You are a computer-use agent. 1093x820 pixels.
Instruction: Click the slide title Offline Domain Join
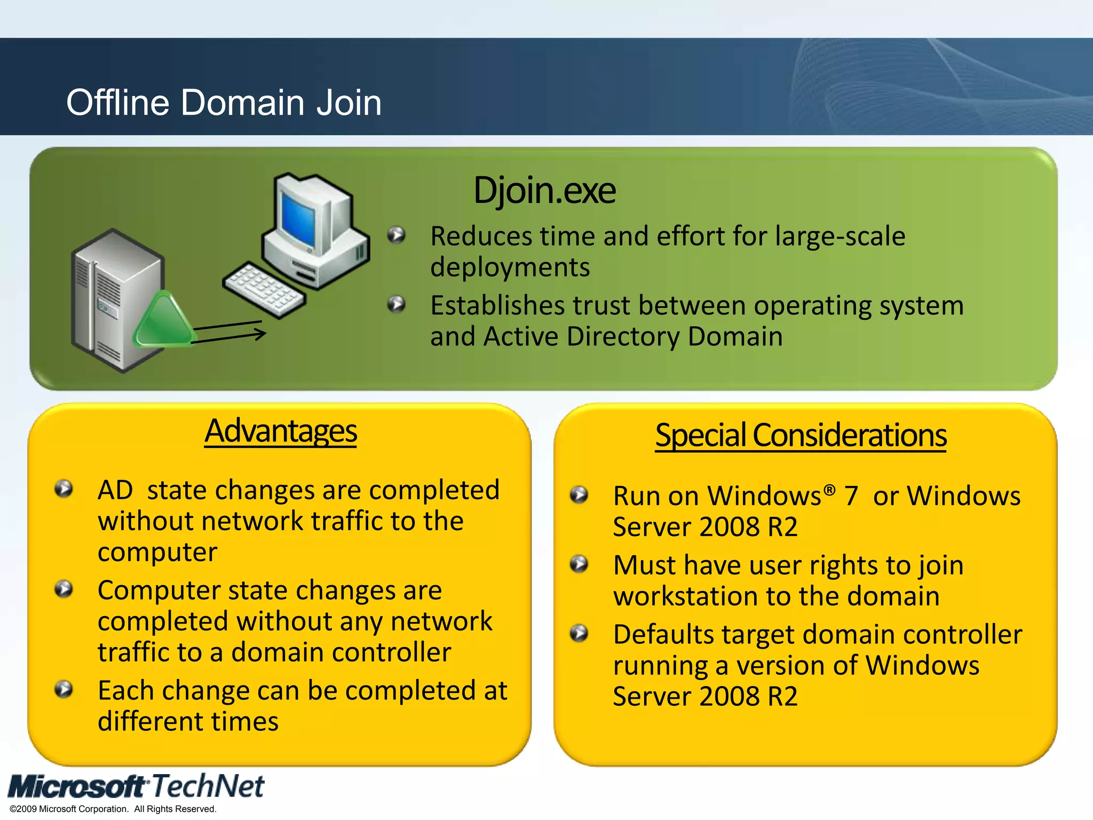pyautogui.click(x=224, y=102)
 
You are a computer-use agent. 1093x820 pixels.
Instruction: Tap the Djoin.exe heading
pyautogui.click(x=544, y=191)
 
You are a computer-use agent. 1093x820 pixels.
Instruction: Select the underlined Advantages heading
pyautogui.click(x=281, y=431)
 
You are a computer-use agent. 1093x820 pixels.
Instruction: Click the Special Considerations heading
pyautogui.click(x=801, y=435)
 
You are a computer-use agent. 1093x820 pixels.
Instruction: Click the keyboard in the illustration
pyautogui.click(x=263, y=289)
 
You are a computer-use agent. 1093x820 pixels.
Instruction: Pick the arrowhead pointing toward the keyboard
pyautogui.click(x=260, y=335)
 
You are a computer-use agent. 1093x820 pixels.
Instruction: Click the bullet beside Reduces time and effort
pyautogui.click(x=396, y=235)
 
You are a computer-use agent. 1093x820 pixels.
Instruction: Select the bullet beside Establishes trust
pyautogui.click(x=396, y=304)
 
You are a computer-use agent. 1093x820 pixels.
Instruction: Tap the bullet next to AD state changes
pyautogui.click(x=64, y=488)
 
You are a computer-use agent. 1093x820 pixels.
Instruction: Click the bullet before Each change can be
pyautogui.click(x=64, y=689)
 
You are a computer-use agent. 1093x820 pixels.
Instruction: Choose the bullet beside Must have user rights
pyautogui.click(x=579, y=564)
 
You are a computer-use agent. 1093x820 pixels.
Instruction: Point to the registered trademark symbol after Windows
pyautogui.click(x=829, y=490)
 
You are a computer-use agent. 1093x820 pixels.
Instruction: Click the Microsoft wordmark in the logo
pyautogui.click(x=76, y=787)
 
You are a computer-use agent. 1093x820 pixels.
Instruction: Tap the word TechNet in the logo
pyautogui.click(x=208, y=786)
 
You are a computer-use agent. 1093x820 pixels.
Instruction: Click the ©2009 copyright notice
pyautogui.click(x=113, y=809)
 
